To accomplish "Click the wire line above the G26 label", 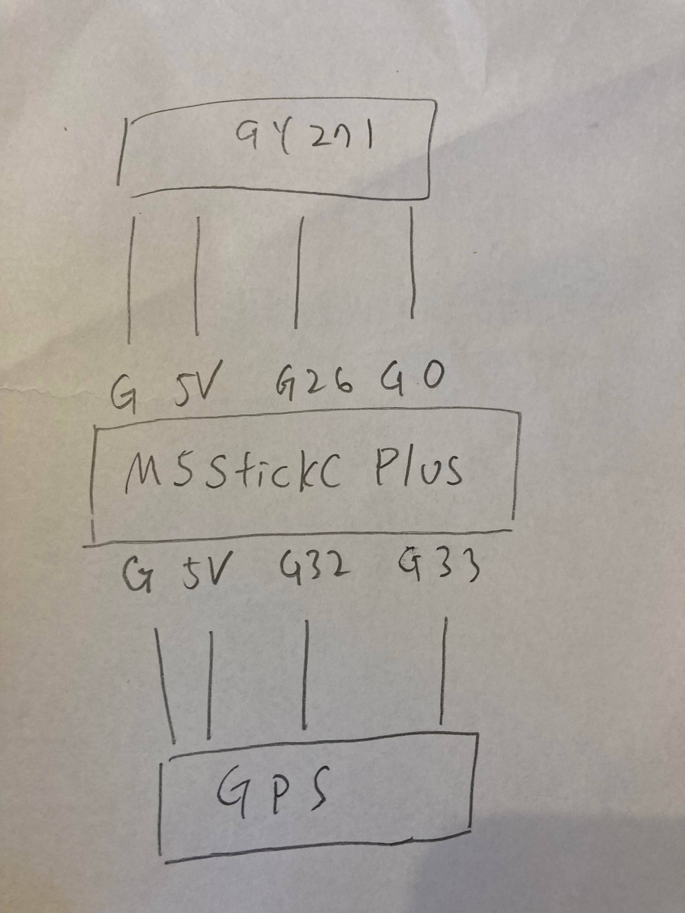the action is [299, 272].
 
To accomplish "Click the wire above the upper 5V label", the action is [197, 276].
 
